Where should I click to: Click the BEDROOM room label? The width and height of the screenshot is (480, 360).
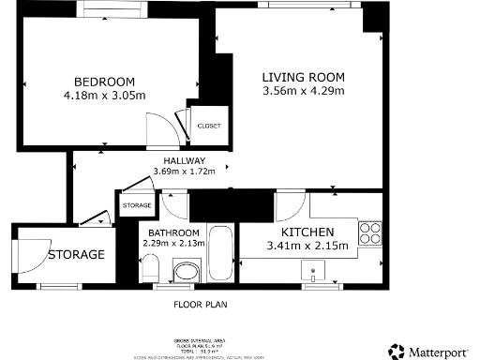(105, 81)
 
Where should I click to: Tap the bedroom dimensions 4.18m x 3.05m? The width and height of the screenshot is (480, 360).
(105, 95)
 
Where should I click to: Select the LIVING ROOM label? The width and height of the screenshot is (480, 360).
(304, 77)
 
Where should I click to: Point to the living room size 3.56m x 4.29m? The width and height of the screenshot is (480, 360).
(304, 91)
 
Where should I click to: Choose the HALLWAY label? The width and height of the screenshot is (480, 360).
(184, 159)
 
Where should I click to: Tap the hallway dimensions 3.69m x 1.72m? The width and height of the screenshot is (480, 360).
(184, 172)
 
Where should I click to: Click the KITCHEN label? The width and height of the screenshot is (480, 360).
(307, 232)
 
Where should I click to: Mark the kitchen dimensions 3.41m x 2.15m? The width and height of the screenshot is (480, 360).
(307, 247)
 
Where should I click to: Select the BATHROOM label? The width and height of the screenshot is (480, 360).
(171, 232)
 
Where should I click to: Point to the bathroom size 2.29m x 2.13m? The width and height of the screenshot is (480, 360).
(171, 244)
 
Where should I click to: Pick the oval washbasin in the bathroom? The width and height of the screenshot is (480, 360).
(186, 273)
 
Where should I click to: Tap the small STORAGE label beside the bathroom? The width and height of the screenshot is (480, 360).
(137, 204)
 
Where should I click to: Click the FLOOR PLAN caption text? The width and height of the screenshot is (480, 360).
(201, 305)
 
